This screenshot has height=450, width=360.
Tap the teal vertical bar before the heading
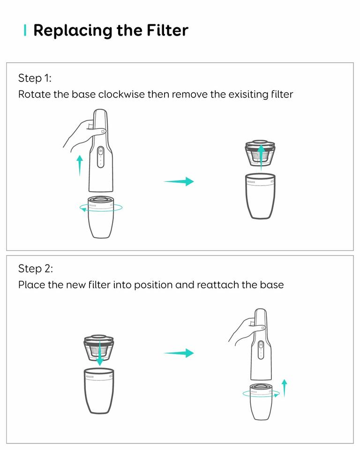point(25,30)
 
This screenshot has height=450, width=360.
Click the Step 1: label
point(35,78)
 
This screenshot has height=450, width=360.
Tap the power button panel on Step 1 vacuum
point(100,157)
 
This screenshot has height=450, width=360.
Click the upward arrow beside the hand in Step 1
point(80,165)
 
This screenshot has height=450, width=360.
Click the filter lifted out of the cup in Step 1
point(260,152)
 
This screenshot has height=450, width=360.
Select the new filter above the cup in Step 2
point(99,348)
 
